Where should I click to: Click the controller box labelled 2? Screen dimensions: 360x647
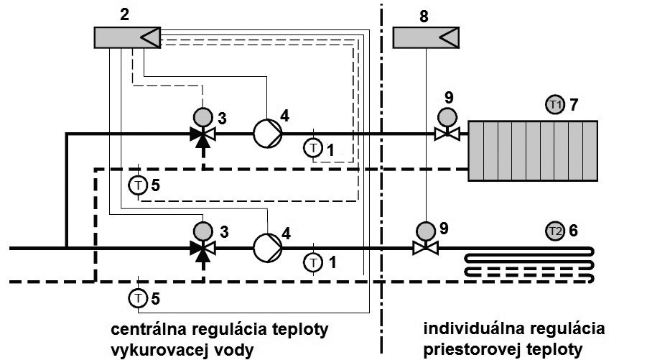[x=126, y=37]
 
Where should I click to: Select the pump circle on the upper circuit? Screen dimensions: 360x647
[x=267, y=133]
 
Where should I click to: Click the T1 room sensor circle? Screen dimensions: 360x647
[x=554, y=105]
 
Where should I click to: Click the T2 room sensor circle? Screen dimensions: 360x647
[x=554, y=231]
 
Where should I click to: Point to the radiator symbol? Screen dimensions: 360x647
[x=533, y=150]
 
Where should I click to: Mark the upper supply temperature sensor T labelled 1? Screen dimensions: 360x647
[x=313, y=148]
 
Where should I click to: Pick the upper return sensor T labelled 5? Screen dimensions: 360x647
[x=137, y=185]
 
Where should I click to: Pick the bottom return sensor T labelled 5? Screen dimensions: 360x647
[x=137, y=295]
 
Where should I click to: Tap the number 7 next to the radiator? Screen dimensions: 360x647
[x=574, y=106]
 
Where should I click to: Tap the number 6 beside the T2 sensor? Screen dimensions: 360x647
[x=574, y=231]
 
